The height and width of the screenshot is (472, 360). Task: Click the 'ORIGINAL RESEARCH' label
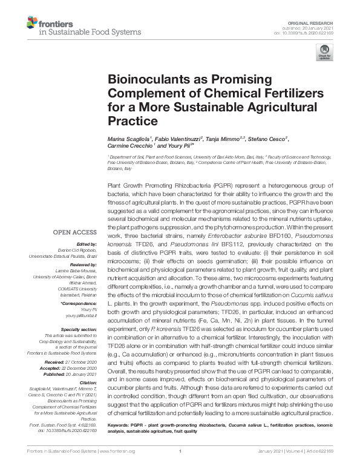click(315, 21)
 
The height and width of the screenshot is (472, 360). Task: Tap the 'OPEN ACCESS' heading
click(74, 232)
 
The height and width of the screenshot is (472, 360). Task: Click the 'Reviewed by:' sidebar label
click(82, 264)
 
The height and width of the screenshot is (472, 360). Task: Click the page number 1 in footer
click(180, 451)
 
